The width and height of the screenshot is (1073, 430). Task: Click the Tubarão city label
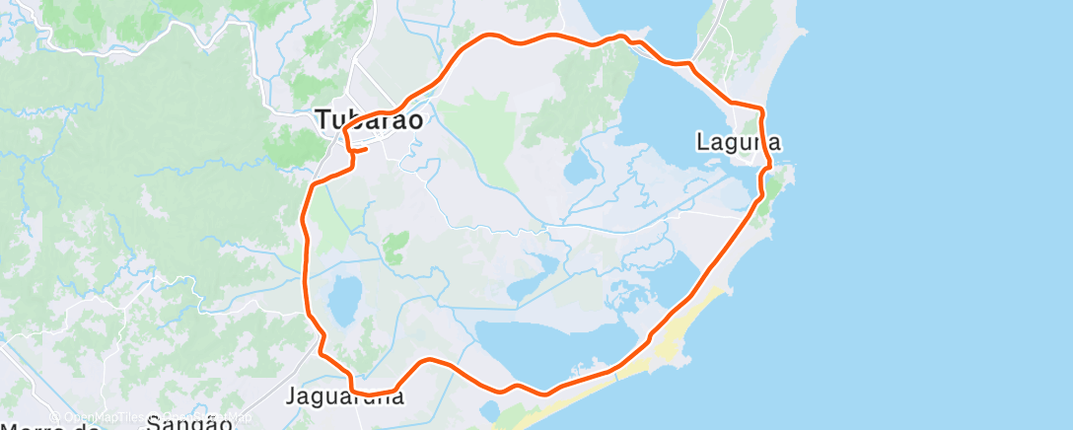(370, 120)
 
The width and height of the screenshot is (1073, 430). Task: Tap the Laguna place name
(739, 142)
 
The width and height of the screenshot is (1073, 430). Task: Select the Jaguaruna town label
(344, 396)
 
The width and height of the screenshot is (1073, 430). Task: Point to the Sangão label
(189, 423)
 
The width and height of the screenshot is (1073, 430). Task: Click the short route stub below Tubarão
(359, 150)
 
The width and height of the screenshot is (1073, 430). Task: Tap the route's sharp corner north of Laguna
(761, 107)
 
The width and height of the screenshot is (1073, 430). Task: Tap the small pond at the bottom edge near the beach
(490, 408)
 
